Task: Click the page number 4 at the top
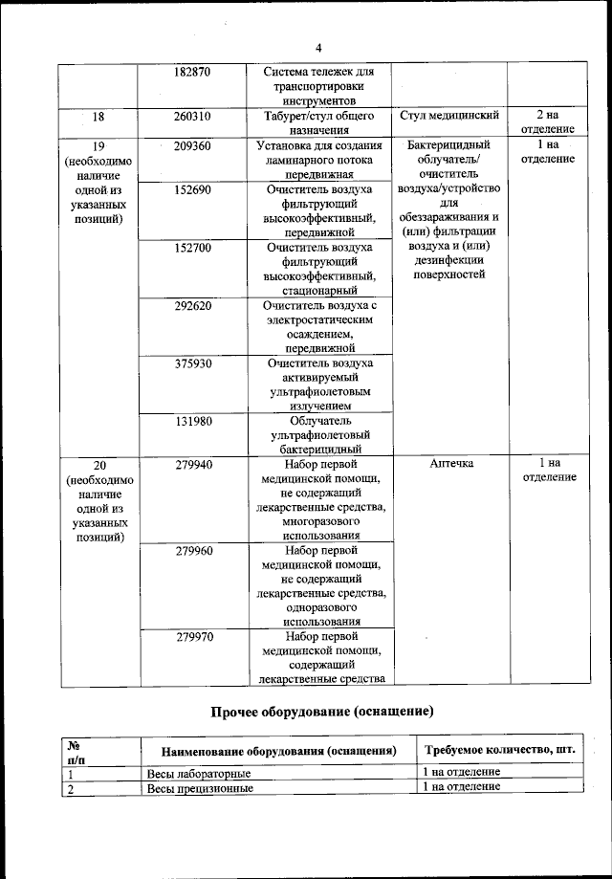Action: [319, 48]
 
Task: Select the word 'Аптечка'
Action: [448, 464]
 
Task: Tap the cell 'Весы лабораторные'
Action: [199, 773]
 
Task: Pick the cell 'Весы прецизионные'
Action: [200, 788]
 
